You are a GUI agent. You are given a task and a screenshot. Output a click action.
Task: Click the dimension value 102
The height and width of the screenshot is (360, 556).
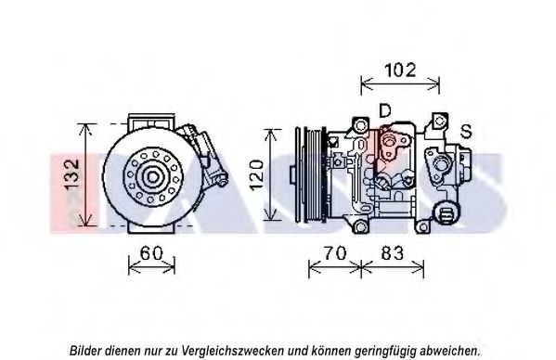coord(400,70)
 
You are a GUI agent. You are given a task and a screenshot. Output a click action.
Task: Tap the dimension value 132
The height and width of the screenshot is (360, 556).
coord(72,175)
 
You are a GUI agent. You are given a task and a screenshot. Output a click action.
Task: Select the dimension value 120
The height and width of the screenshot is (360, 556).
coord(257,175)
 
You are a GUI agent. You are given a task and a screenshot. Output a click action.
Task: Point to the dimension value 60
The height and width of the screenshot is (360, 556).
coord(151,253)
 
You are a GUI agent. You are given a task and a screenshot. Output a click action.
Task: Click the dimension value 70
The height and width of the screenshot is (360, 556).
coord(335,253)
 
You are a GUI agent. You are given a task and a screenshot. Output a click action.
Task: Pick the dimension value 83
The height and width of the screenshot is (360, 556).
coord(393,253)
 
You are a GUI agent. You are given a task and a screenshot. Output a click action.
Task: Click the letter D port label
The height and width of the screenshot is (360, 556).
coord(384,110)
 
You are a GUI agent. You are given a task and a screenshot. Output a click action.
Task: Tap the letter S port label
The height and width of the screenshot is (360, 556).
coord(466,131)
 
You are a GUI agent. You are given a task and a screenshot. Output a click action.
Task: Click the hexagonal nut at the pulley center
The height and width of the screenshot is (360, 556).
coord(153,177)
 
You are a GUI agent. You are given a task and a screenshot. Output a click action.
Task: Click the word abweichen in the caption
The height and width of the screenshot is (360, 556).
coord(449,351)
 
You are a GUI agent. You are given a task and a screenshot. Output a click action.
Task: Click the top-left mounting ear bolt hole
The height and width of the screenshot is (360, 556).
coord(361,125)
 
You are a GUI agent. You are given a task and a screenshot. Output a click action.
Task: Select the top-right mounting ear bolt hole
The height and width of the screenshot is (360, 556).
coord(439,121)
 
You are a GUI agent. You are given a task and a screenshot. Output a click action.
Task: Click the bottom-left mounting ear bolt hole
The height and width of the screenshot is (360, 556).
coord(361,226)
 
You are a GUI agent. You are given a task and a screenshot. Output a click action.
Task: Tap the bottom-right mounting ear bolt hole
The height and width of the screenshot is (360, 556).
coord(422,227)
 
